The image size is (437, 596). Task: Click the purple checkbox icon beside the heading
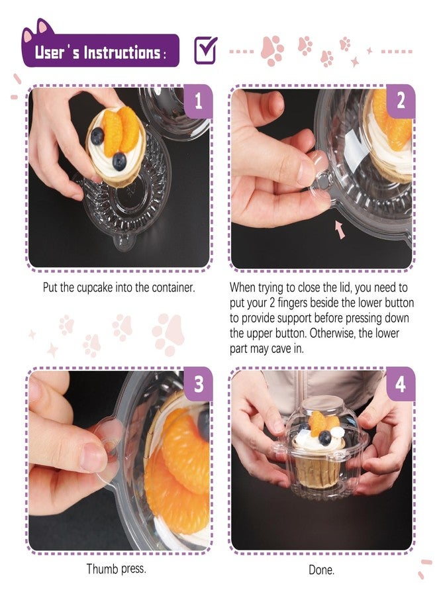[205, 50]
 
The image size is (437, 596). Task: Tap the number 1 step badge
[198, 101]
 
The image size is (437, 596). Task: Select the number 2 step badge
[401, 101]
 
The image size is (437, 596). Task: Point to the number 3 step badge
[199, 384]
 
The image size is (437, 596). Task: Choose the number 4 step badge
[401, 384]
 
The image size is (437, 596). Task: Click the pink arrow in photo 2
[340, 230]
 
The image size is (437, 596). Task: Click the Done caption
[322, 570]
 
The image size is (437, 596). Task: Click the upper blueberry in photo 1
[97, 136]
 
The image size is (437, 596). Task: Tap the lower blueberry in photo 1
[119, 161]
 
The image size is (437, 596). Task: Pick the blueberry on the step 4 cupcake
[324, 438]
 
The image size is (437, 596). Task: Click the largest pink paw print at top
[272, 50]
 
